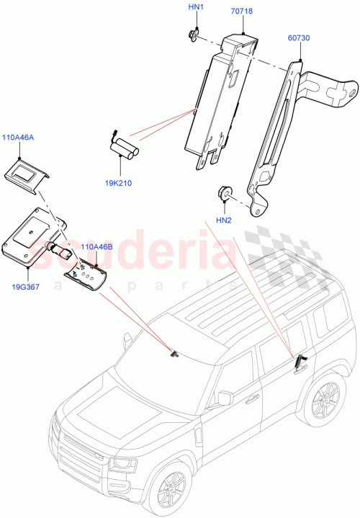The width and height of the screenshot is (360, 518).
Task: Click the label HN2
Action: [223, 220]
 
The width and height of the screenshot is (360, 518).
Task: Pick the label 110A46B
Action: [96, 246]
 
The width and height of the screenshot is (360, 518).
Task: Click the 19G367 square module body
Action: [32, 238]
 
